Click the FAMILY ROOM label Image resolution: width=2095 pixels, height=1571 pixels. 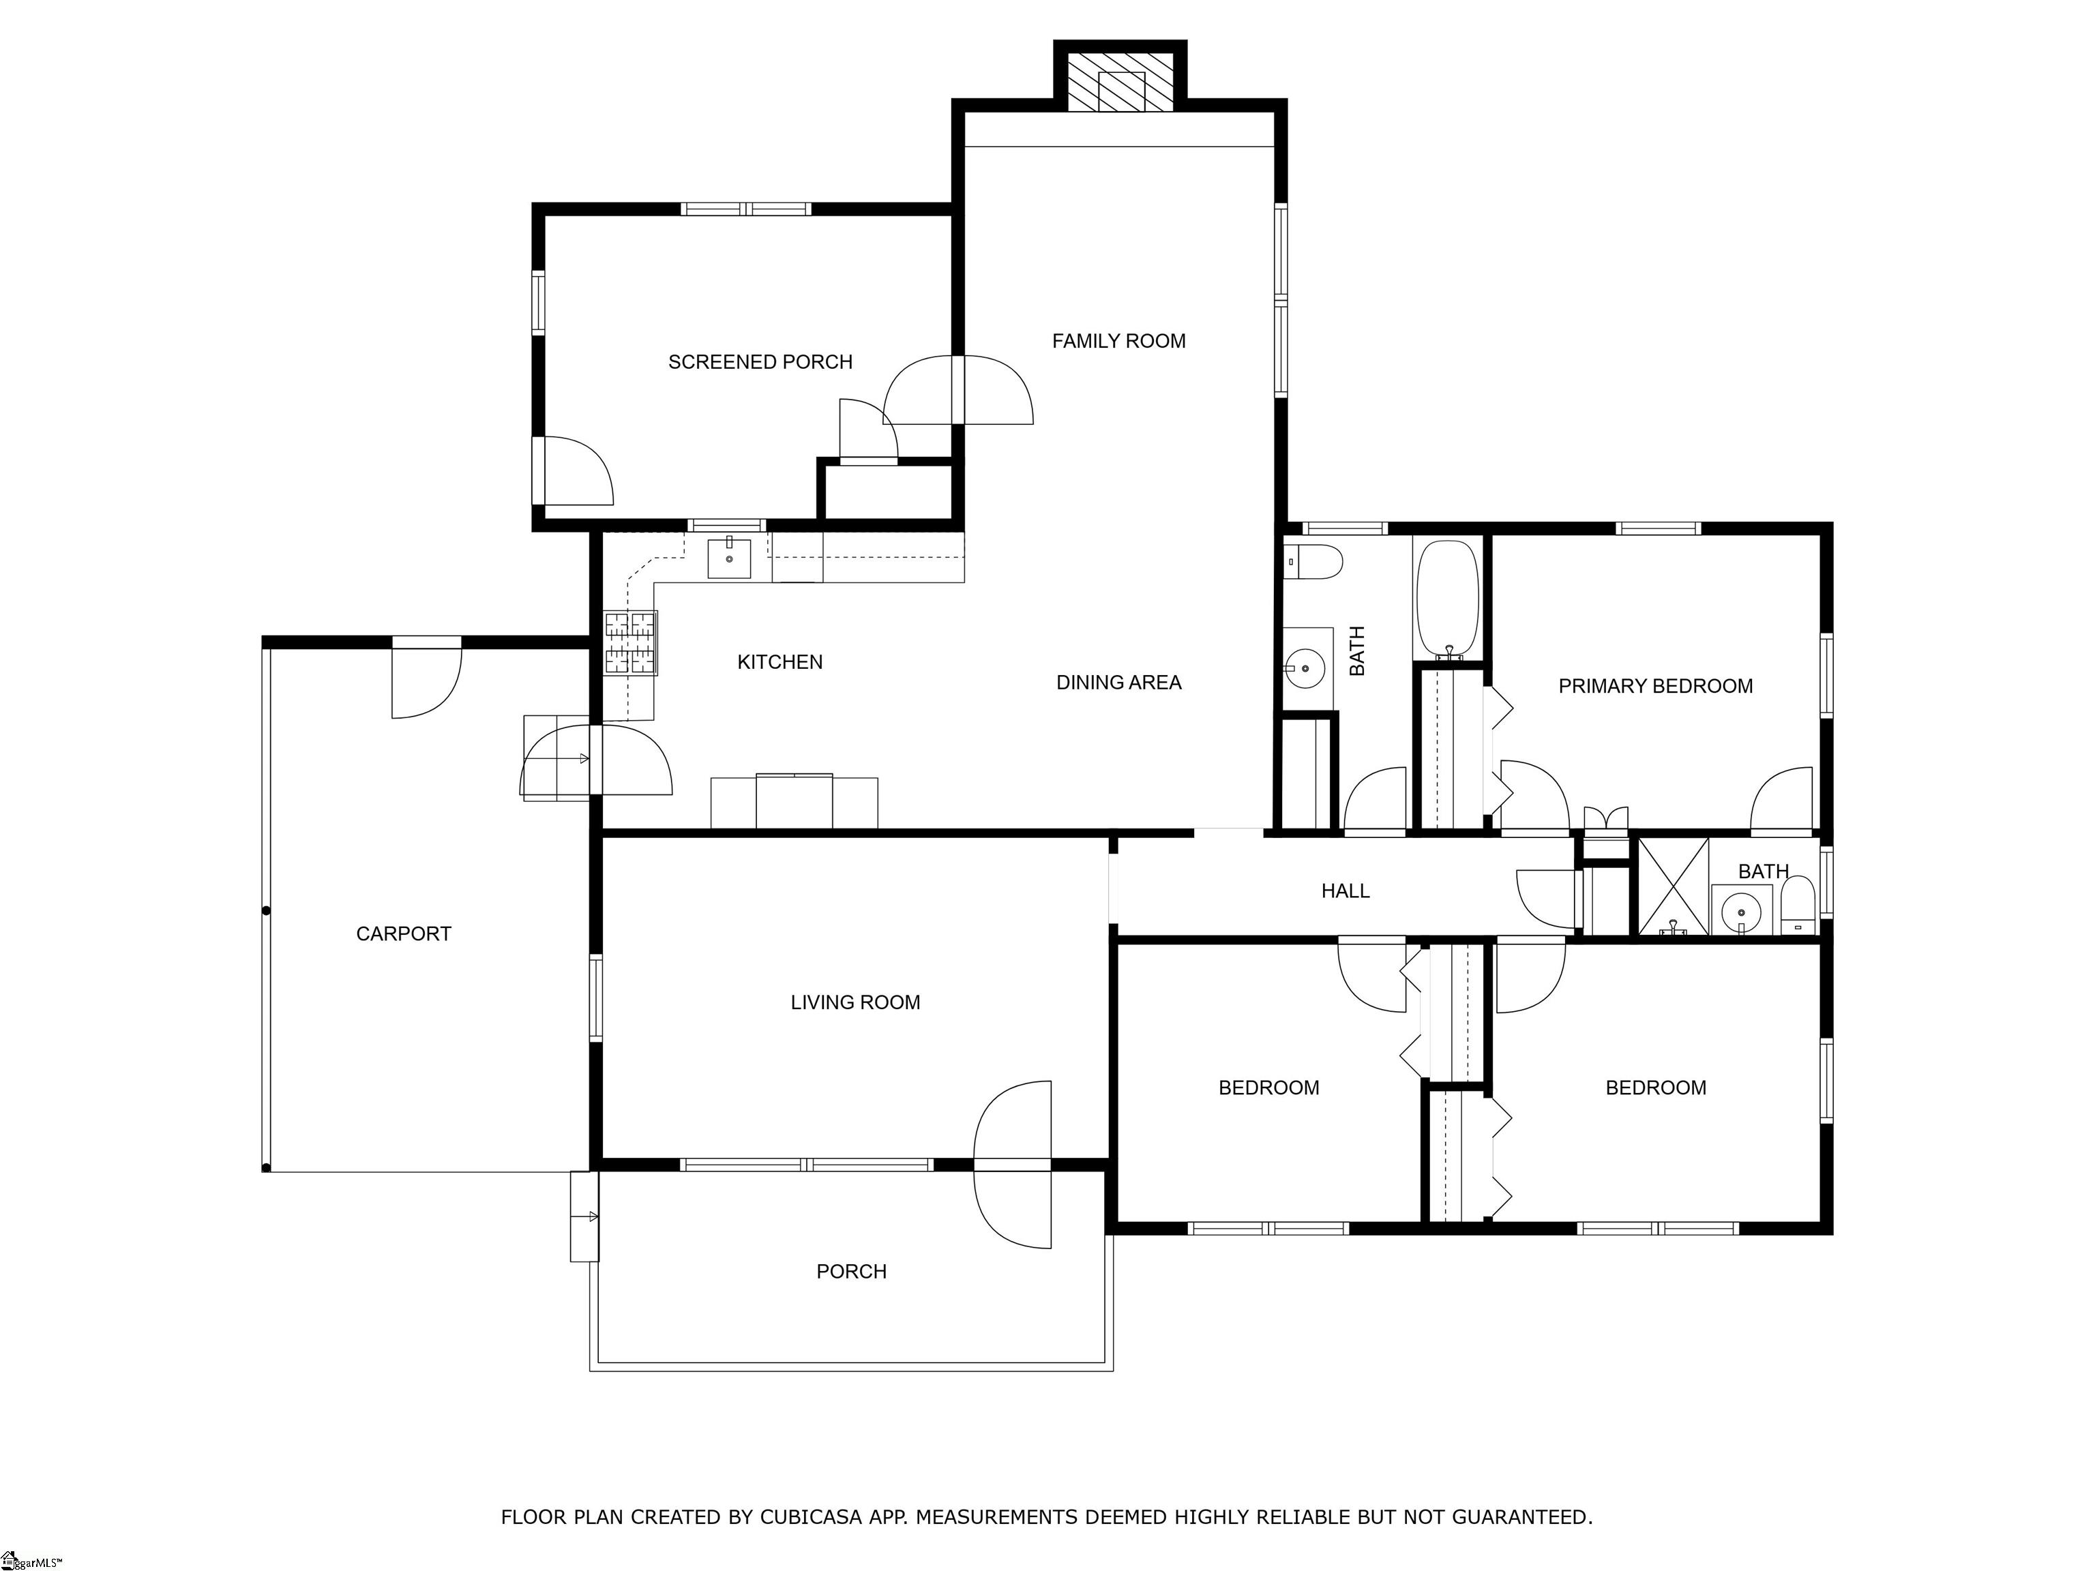coord(1118,341)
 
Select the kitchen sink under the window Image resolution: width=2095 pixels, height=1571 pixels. coord(729,558)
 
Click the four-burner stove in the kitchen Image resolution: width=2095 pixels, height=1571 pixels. coord(631,643)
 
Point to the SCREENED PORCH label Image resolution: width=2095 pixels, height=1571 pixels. coord(760,362)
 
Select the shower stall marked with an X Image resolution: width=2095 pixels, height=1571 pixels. coord(1674,886)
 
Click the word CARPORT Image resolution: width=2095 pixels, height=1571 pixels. coord(404,933)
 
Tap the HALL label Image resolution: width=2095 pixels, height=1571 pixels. coord(1345,890)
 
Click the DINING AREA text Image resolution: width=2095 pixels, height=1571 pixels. coord(1118,683)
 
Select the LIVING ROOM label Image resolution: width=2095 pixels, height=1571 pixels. coord(855,1002)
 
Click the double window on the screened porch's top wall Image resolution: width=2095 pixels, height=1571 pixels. coord(746,209)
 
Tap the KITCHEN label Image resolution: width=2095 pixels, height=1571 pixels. coord(779,662)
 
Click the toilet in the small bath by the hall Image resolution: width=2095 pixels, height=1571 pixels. coord(1798,906)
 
